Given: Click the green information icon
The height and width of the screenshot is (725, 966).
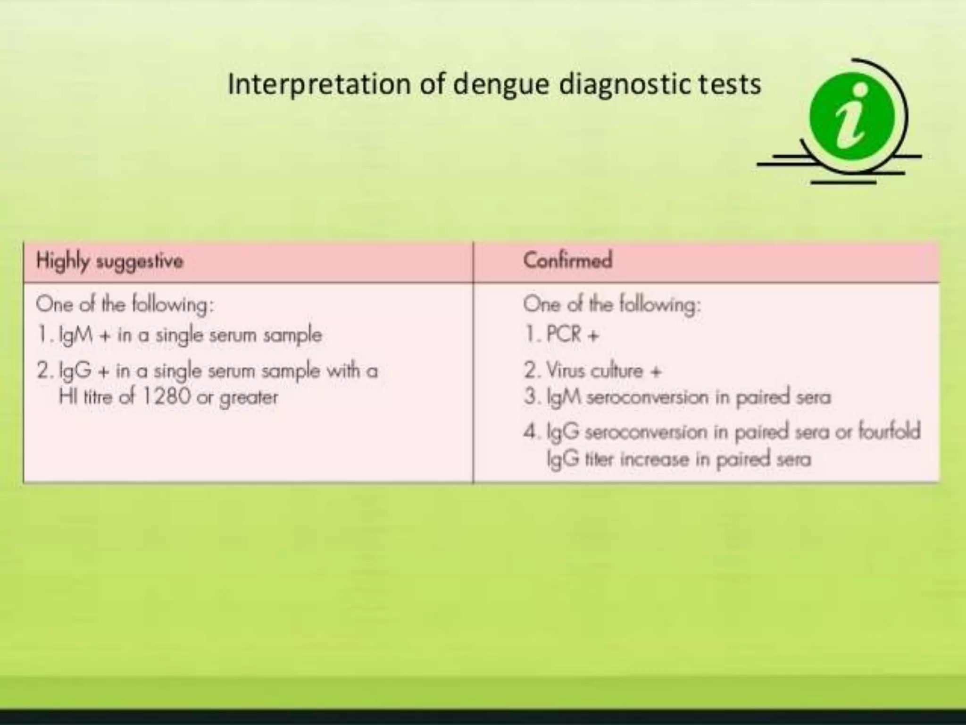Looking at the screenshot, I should [852, 117].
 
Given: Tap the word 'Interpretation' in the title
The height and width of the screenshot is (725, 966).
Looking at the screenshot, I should [319, 85].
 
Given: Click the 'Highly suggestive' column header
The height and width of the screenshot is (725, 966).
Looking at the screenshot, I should [109, 261].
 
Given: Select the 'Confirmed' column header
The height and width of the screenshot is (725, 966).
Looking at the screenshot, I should [567, 260].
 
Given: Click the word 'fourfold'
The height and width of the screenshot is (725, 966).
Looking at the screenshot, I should [889, 431].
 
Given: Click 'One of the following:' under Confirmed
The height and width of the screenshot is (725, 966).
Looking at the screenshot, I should [612, 304].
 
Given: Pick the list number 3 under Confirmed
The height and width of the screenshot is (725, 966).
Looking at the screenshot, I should [530, 397].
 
